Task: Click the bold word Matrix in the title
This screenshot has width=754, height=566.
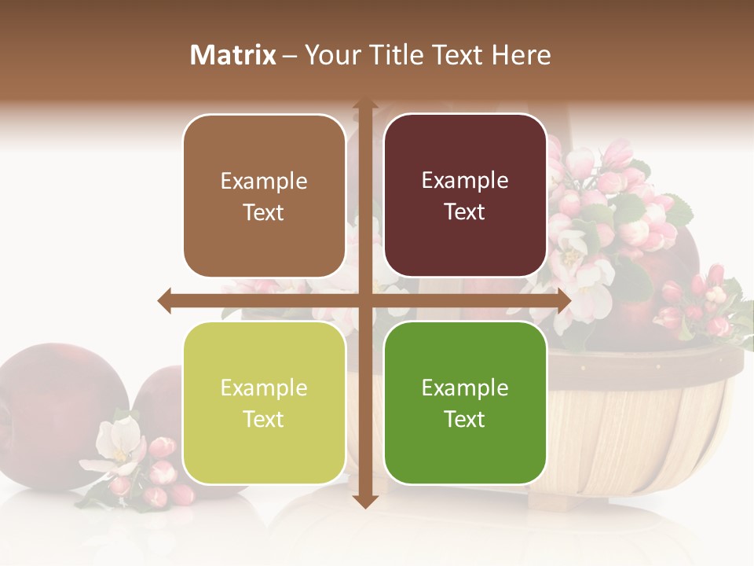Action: tap(233, 55)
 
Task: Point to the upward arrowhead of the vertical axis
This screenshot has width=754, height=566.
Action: tap(365, 104)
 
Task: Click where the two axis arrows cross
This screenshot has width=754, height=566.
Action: tap(365, 301)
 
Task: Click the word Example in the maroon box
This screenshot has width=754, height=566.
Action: tap(465, 181)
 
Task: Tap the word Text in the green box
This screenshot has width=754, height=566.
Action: tap(465, 419)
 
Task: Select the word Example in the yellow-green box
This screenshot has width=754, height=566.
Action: tap(264, 388)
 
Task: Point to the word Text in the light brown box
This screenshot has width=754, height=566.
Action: tap(264, 212)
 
